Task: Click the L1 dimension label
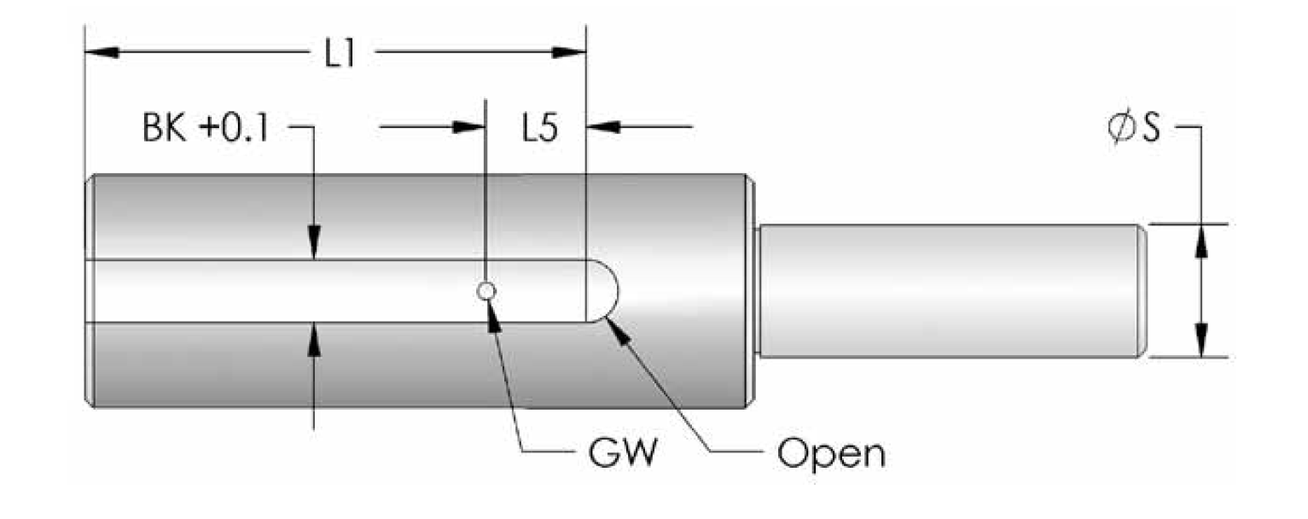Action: pyautogui.click(x=340, y=55)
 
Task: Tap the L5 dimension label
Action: pyautogui.click(x=539, y=128)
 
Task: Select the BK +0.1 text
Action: pyautogui.click(x=206, y=128)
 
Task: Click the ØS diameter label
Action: pyautogui.click(x=1134, y=129)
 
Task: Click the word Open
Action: pyautogui.click(x=831, y=453)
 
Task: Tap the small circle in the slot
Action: pyautogui.click(x=486, y=290)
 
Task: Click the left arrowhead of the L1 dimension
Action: pyautogui.click(x=102, y=52)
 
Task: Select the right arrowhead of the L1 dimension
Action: pyautogui.click(x=569, y=52)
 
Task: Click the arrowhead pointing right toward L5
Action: pyautogui.click(x=469, y=126)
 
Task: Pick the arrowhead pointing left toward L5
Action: pyautogui.click(x=603, y=126)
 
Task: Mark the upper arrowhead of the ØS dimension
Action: pyautogui.click(x=1201, y=242)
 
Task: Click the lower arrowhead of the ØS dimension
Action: pyautogui.click(x=1201, y=340)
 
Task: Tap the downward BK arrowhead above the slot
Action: pyautogui.click(x=314, y=242)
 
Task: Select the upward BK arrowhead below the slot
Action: pyautogui.click(x=314, y=340)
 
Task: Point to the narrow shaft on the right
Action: pyautogui.click(x=950, y=290)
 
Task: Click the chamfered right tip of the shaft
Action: pyautogui.click(x=1142, y=290)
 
